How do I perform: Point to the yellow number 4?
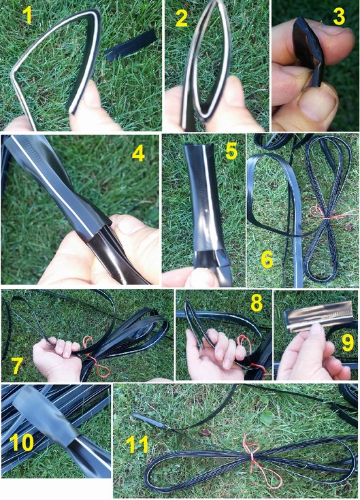tap(138, 154)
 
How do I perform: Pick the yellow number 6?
tap(267, 259)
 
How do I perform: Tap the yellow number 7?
tap(16, 365)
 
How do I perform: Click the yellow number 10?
tap(21, 442)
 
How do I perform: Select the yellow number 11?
tap(137, 444)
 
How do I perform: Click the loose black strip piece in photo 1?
tap(131, 46)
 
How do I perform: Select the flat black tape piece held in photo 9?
tap(319, 316)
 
